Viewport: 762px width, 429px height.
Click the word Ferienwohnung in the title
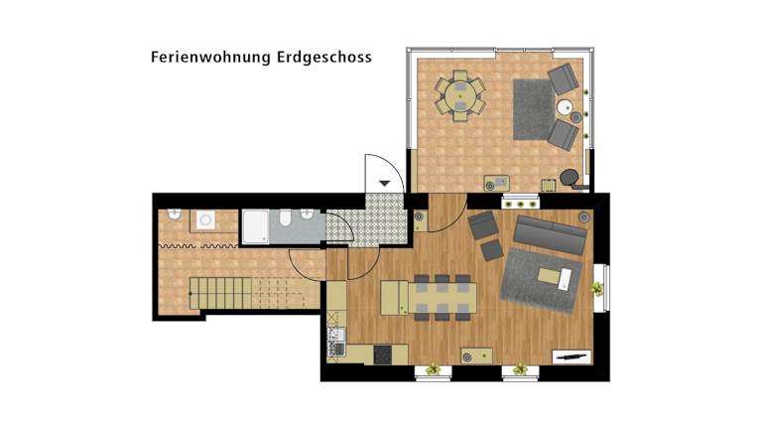[210, 58]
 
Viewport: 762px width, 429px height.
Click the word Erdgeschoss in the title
[324, 58]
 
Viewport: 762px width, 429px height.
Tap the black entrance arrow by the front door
[385, 184]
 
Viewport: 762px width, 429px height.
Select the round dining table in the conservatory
[459, 95]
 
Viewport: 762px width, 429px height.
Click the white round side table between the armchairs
[565, 107]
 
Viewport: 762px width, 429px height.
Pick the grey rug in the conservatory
[534, 109]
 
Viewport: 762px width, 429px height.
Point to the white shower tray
[255, 226]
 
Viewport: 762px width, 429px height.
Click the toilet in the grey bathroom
[286, 217]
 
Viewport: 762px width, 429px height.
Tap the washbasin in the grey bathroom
[307, 214]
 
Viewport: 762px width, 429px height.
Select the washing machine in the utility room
[206, 220]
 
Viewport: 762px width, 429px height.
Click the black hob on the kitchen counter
[382, 355]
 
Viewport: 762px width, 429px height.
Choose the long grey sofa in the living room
[551, 235]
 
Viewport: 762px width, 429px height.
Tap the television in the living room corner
[571, 357]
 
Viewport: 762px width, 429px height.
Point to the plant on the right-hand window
[597, 289]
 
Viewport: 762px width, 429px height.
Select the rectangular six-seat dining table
[442, 298]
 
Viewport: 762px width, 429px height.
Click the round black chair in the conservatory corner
[569, 177]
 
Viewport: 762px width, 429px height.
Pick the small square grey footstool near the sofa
[492, 250]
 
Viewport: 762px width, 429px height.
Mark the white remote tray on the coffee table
[566, 280]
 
